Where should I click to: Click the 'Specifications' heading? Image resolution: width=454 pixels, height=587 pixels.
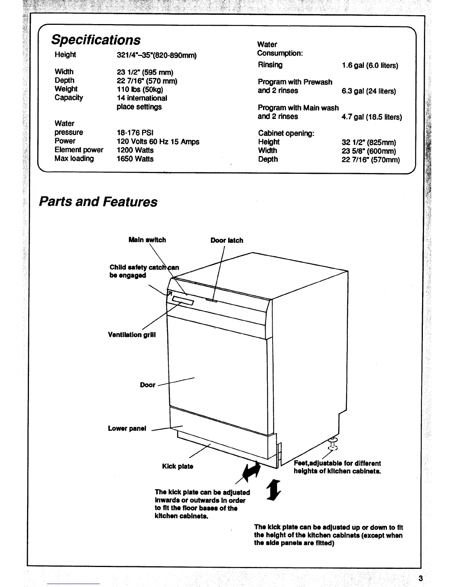96,40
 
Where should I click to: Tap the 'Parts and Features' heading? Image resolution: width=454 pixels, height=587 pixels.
98,202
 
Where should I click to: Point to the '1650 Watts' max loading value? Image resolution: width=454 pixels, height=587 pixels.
135,159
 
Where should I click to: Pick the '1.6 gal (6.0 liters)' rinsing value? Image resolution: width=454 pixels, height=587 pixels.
370,66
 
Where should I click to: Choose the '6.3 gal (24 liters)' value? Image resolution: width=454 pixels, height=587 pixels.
369,91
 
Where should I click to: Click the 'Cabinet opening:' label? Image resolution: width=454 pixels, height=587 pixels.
286,133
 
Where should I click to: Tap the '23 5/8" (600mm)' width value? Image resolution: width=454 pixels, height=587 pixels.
369,151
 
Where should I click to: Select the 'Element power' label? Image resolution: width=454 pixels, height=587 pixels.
79,150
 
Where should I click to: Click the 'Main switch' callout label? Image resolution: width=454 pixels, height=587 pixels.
147,240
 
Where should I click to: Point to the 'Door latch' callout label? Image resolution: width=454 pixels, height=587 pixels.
227,241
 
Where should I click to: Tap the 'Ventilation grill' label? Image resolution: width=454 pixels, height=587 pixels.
132,335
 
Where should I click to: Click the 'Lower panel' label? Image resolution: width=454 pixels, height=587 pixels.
127,428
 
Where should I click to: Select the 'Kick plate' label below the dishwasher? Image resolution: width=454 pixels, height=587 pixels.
178,466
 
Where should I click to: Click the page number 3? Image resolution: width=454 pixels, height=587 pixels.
420,578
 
